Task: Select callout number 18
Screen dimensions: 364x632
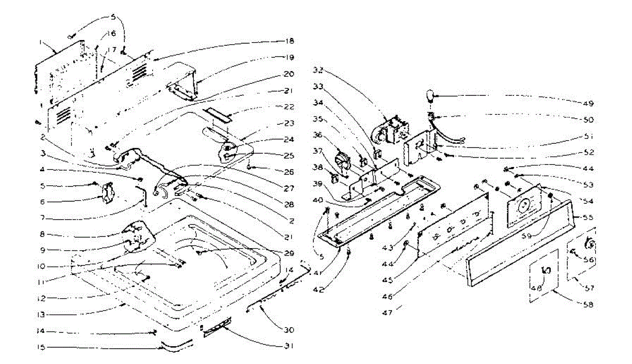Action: (x=289, y=41)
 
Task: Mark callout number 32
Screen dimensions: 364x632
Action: (x=318, y=70)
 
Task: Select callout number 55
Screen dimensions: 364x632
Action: (x=590, y=217)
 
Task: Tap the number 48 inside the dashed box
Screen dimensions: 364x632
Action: (x=536, y=288)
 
